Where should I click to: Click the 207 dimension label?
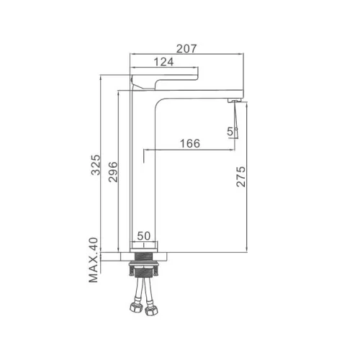186,49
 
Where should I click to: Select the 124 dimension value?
163,62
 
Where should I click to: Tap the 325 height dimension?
96,165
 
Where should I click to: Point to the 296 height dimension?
113,172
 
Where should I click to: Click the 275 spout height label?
241,176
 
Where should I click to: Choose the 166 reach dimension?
190,143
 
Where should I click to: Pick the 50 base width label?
144,236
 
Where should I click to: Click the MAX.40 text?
94,260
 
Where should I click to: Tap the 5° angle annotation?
231,132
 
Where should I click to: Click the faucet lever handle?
164,81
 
